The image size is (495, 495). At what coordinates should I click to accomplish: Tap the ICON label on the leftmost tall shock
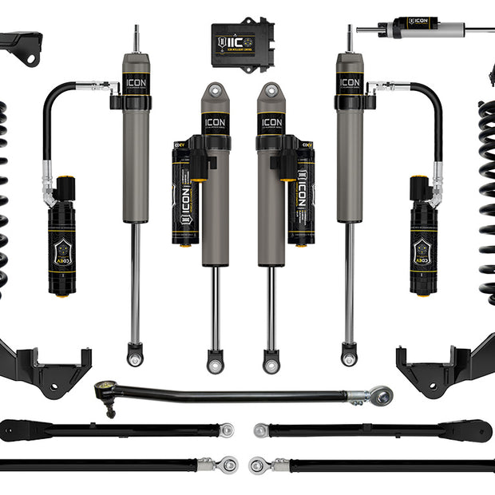click(x=136, y=82)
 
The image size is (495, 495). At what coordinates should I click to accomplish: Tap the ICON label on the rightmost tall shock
click(x=349, y=82)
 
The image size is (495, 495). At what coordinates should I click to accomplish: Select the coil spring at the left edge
click(x=3, y=200)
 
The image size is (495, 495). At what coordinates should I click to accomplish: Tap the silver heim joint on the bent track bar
click(x=381, y=394)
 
